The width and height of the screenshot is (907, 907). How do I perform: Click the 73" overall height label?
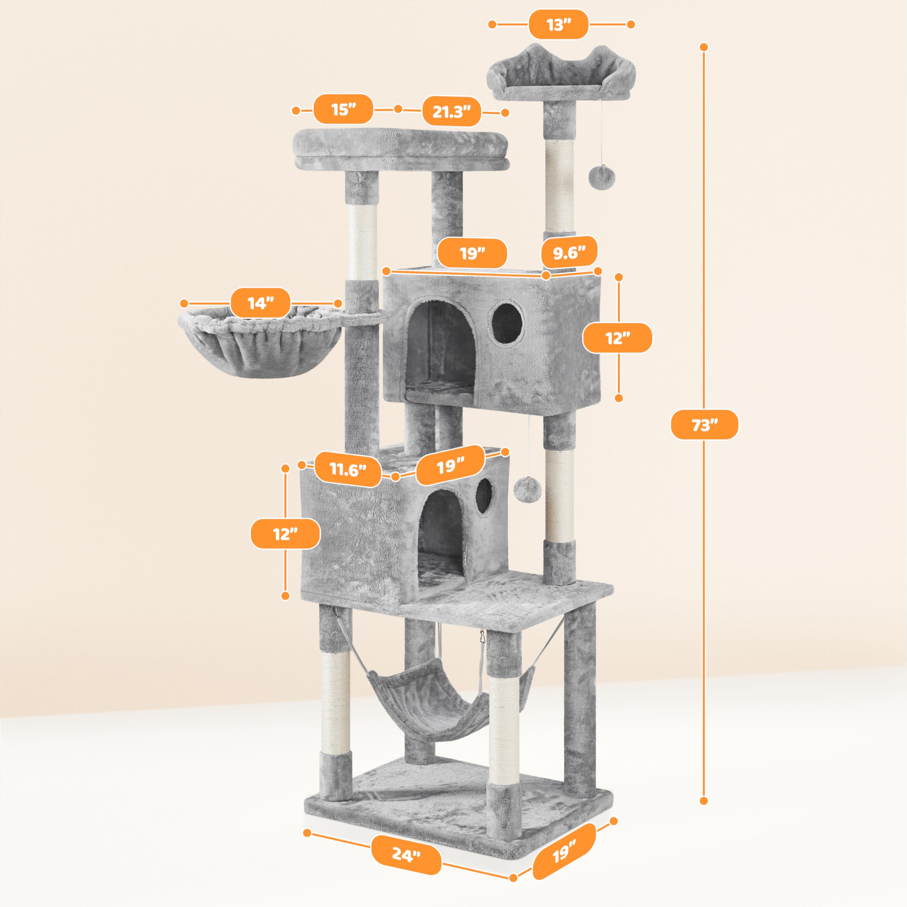point(704,425)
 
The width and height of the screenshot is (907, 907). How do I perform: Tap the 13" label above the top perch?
point(558,24)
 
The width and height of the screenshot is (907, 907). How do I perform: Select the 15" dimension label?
point(343,109)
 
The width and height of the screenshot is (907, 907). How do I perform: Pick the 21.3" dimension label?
point(451,112)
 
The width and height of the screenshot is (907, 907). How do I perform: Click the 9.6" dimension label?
point(569,253)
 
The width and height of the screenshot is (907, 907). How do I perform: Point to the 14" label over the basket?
point(260,303)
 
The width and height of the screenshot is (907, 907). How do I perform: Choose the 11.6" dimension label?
point(348,469)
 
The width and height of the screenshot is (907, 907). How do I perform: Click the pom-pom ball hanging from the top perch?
point(601,178)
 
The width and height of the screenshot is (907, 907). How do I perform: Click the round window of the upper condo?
point(507,322)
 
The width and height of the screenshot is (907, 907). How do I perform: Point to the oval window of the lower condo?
point(484,496)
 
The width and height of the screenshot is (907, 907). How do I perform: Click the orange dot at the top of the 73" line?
point(703,47)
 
